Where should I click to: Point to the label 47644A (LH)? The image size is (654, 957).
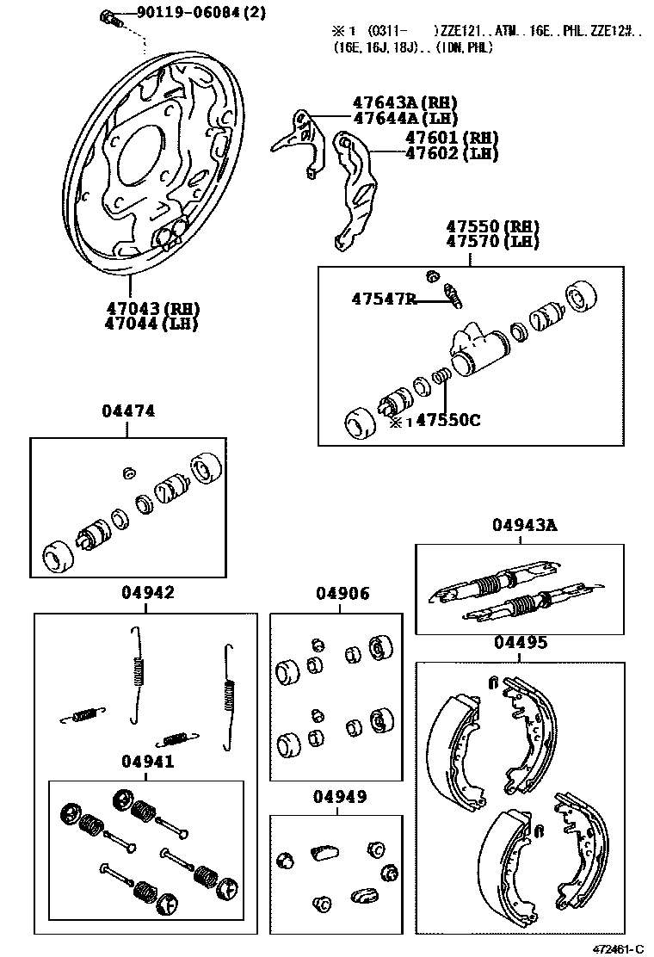point(404,119)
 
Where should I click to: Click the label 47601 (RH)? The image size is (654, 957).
point(451,139)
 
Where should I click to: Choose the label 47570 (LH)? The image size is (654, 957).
point(491,242)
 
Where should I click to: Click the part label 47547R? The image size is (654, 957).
point(384,299)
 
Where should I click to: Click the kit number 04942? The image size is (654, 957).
point(147,593)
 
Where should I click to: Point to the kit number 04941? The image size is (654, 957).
point(147,762)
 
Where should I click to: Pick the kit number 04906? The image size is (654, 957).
point(342,594)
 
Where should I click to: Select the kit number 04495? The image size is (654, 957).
point(519,643)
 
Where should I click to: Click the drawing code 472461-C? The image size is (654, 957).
point(617,948)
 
